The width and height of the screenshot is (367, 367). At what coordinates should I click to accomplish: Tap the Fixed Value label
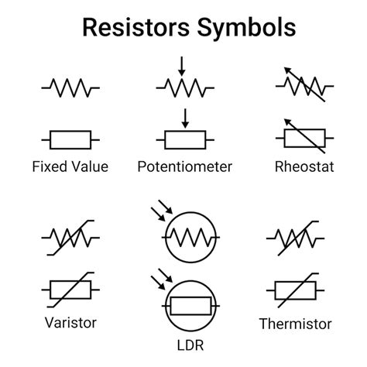click(x=70, y=166)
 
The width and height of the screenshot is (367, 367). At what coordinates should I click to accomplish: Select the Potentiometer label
click(x=184, y=166)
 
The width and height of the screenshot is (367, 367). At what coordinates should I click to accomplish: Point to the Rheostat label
click(x=304, y=166)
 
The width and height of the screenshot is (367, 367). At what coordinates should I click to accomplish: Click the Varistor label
click(x=70, y=321)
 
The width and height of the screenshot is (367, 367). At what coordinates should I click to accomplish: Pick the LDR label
click(x=184, y=340)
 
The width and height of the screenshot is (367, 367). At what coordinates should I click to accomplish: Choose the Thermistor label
click(x=295, y=324)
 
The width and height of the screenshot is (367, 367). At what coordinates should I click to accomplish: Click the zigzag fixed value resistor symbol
click(x=70, y=87)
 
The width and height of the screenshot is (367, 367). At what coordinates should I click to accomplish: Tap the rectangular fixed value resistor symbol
click(x=70, y=139)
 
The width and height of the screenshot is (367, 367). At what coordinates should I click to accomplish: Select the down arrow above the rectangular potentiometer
click(x=184, y=118)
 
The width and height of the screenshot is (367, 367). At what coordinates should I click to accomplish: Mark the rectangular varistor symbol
click(x=70, y=290)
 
